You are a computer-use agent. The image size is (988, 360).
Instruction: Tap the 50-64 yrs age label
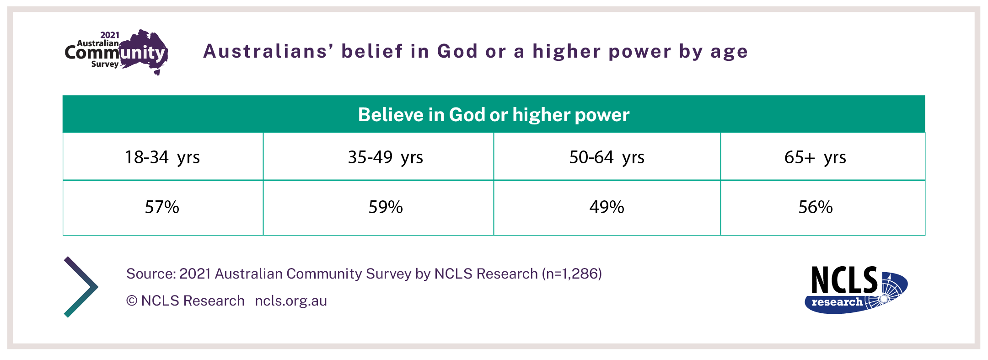point(607,157)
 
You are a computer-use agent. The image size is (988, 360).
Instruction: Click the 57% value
point(162,207)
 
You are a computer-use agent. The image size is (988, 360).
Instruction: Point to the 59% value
point(386,207)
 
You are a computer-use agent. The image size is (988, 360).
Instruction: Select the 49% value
point(607,207)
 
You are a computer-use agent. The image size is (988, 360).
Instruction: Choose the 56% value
point(816,207)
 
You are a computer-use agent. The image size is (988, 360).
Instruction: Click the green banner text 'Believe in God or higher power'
point(494,115)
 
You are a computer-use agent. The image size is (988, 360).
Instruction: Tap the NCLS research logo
point(856,290)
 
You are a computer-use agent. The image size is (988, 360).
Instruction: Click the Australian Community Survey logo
point(117,52)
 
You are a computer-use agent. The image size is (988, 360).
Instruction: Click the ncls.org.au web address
point(291,301)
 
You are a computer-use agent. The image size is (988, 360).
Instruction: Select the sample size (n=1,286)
point(572,274)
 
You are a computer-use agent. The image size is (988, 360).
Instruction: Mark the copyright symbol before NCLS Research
point(132,301)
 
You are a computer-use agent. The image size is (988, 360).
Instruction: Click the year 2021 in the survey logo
point(110,35)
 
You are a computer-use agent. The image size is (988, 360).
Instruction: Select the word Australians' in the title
point(268,51)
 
